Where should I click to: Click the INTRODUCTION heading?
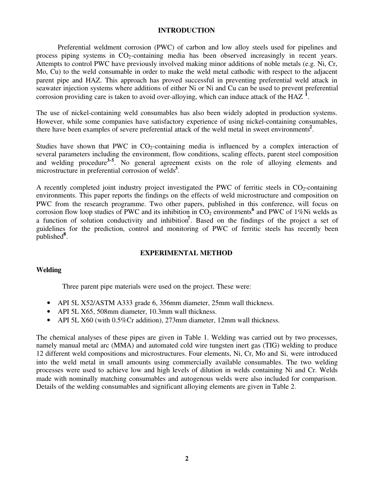[x=186, y=31]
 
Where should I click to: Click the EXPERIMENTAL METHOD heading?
[x=186, y=253]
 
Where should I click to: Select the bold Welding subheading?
[x=49, y=270]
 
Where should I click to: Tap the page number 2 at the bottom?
[x=186, y=459]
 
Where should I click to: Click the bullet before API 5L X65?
[x=48, y=312]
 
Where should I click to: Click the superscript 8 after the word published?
[x=65, y=235]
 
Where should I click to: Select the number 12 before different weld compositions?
[x=40, y=354]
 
